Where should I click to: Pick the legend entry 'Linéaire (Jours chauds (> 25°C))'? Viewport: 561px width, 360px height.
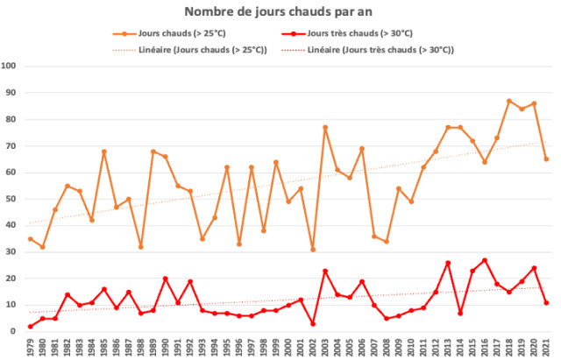click(x=202, y=50)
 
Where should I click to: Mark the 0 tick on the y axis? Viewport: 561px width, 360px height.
click(x=14, y=332)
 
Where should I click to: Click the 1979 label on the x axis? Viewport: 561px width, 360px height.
click(x=30, y=347)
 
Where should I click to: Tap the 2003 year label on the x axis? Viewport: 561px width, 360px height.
click(x=325, y=347)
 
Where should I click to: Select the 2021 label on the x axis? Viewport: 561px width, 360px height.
click(x=546, y=347)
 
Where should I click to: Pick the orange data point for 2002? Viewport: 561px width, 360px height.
click(x=313, y=250)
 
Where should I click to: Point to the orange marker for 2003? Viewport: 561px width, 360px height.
click(x=325, y=127)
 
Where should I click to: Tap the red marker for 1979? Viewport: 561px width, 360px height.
click(x=30, y=327)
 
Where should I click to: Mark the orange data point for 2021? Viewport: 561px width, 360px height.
click(x=546, y=159)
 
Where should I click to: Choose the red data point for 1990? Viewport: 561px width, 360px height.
click(x=165, y=279)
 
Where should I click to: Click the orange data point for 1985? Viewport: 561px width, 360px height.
click(x=103, y=152)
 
